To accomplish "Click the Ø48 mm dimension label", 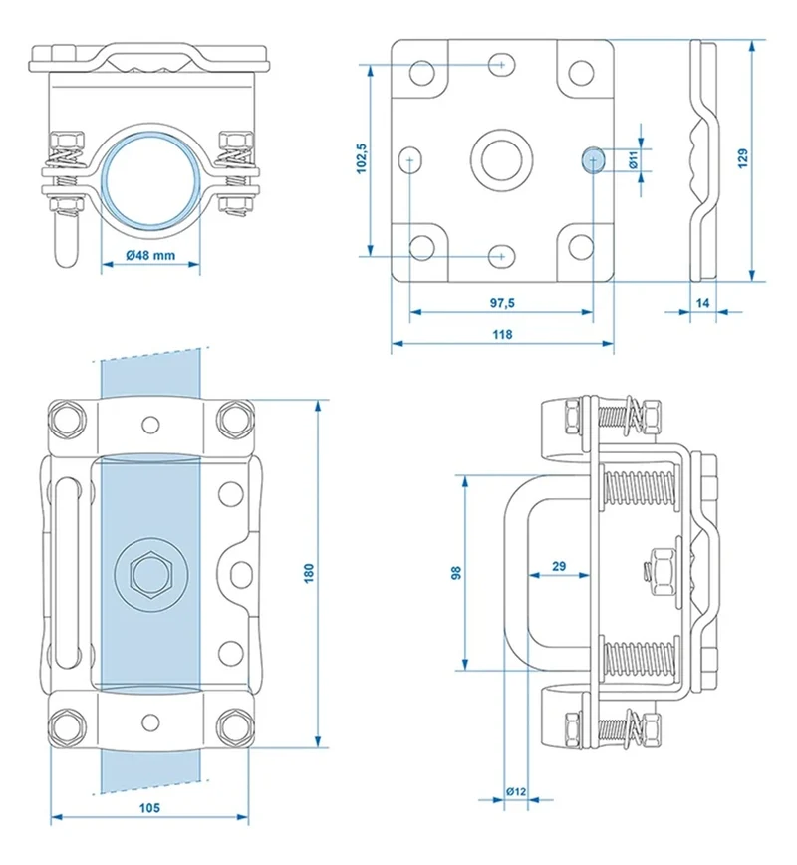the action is (x=150, y=255).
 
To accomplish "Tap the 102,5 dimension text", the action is (x=362, y=158).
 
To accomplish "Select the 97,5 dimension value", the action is (x=502, y=303).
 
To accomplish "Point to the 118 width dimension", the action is (x=502, y=334).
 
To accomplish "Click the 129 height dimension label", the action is (x=742, y=158).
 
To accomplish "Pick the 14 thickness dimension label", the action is (x=702, y=303).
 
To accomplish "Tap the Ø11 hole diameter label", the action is (x=633, y=160).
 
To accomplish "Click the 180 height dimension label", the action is (x=308, y=573).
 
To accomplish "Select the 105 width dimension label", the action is (x=149, y=808).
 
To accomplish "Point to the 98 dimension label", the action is (x=456, y=573).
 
